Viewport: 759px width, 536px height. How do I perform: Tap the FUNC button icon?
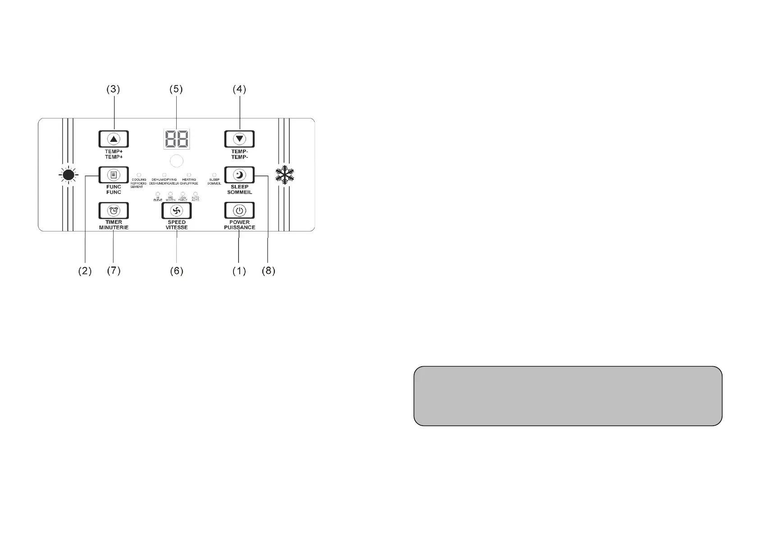coord(114,175)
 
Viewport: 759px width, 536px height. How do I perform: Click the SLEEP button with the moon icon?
coord(239,175)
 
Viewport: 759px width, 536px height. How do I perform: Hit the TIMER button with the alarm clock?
coord(114,210)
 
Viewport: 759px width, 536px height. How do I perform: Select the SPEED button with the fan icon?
coord(176,210)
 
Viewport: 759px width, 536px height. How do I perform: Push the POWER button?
coord(239,210)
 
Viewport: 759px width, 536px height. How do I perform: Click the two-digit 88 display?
coord(176,139)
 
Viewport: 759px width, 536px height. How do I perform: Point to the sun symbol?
coord(69,175)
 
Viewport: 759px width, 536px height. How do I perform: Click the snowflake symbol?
coord(285,175)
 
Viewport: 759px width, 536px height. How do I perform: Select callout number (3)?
coord(113,89)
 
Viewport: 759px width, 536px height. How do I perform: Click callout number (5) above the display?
coord(176,89)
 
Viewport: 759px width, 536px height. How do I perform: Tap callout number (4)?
coord(239,89)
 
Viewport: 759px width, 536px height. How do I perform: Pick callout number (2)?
coord(85,271)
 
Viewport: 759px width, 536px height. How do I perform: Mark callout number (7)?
coord(114,271)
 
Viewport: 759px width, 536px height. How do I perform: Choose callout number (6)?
coord(176,271)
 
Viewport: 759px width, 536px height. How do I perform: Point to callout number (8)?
coord(268,271)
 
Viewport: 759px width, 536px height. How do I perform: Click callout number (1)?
coord(239,271)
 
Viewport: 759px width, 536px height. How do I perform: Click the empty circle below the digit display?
coord(177,161)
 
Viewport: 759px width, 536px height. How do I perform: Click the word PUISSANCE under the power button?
coord(239,227)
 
